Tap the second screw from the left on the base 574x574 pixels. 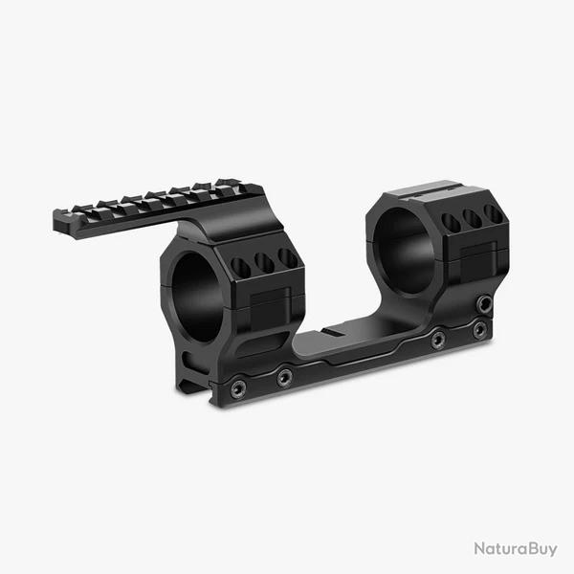click(284, 378)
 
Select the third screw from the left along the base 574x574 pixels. click(437, 340)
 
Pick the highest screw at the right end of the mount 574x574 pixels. click(485, 303)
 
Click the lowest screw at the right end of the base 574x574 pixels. click(479, 329)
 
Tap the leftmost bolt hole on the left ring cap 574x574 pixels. click(241, 267)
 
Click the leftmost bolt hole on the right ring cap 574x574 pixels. click(450, 222)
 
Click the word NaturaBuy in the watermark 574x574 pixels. click(516, 548)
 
